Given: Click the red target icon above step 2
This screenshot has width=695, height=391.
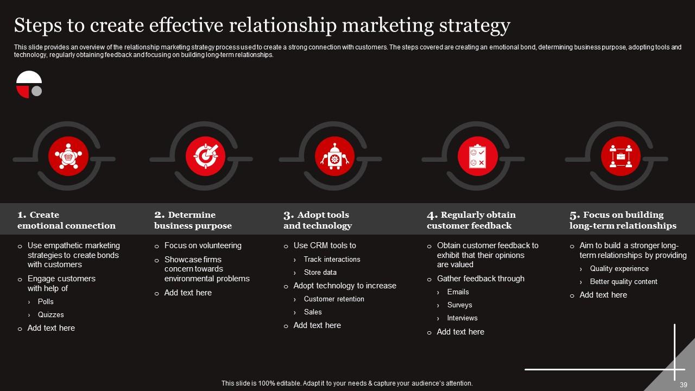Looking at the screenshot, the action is click(x=205, y=156).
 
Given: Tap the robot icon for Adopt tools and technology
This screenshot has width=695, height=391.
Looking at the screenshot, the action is click(x=334, y=156).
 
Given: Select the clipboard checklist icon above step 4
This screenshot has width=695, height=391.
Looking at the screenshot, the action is click(x=477, y=156).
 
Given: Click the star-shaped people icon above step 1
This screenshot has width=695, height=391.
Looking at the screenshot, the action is click(x=68, y=156).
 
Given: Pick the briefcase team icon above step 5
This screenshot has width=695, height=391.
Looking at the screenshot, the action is click(x=621, y=156).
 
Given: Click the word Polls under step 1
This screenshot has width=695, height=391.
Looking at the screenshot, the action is click(x=46, y=301).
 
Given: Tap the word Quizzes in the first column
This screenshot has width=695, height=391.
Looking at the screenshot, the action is click(x=51, y=314).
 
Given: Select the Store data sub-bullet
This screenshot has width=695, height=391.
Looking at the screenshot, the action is click(x=320, y=272).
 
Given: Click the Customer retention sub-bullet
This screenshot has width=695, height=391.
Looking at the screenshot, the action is click(x=334, y=299).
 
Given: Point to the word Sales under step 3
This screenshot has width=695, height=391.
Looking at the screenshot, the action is click(x=313, y=312).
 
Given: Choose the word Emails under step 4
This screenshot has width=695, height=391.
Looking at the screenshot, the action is click(x=458, y=292).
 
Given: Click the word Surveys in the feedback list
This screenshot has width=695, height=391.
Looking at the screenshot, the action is click(x=460, y=305).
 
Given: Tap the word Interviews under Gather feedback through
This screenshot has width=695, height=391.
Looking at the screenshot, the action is click(x=462, y=318).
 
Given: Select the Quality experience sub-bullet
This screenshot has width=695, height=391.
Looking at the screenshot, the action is click(x=620, y=268).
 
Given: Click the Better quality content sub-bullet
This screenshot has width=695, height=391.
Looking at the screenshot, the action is click(x=624, y=281).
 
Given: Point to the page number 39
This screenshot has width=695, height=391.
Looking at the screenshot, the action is click(x=684, y=385).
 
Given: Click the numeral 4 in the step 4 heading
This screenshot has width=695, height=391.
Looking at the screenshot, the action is click(x=432, y=215).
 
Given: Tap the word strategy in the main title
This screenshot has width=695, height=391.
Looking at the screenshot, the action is click(x=475, y=26).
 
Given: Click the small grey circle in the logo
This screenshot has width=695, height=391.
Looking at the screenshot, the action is click(x=36, y=91).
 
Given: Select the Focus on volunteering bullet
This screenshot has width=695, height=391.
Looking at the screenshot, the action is click(x=203, y=245).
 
